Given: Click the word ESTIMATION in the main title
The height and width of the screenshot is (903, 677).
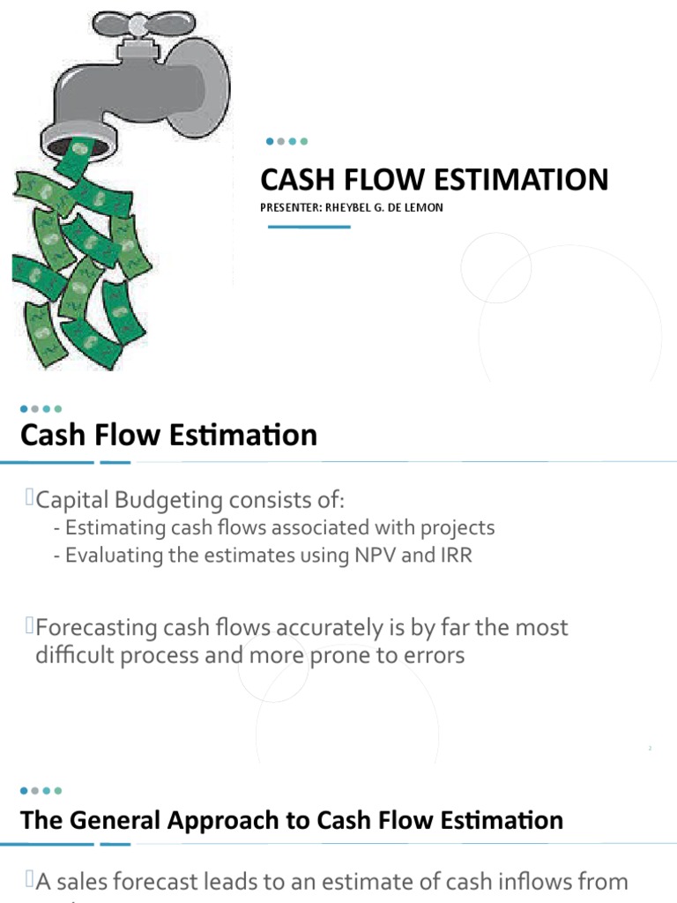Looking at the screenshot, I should (522, 180).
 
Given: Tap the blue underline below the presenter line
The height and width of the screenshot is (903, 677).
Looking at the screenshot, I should (309, 227).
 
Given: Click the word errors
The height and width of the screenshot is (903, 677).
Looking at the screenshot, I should (433, 656).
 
